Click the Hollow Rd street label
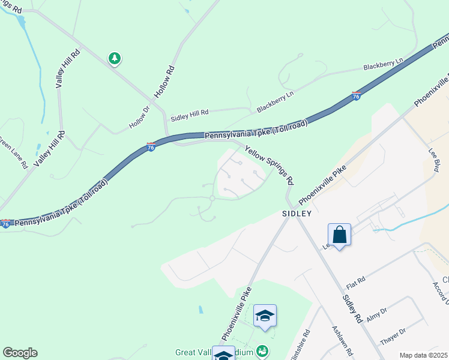tap(164, 82)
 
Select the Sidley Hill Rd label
tap(189, 112)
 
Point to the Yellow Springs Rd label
tap(269, 163)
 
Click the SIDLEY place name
tap(297, 214)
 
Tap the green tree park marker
tap(114, 58)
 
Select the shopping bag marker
tap(339, 235)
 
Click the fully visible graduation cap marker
tap(265, 316)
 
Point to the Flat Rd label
tap(357, 281)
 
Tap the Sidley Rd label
tap(351, 309)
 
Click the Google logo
tap(20, 353)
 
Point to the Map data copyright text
tap(423, 355)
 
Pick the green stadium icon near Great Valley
tap(262, 350)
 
